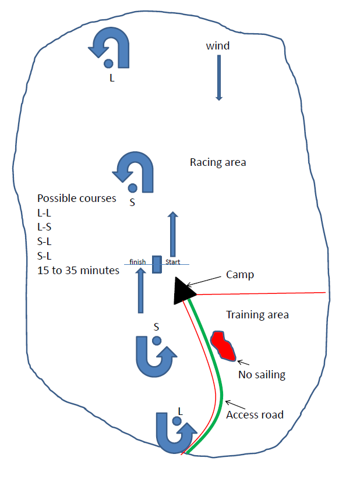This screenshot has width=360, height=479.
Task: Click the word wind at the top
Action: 218,45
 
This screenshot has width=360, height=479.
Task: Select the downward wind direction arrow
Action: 219,78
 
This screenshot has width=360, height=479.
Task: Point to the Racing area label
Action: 218,162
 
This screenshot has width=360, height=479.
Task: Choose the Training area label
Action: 257,315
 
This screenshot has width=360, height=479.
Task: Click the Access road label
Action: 255,414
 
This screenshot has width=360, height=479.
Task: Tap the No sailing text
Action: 262,375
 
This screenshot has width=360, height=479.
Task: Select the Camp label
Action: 240,274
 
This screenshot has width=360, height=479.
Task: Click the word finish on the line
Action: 138,262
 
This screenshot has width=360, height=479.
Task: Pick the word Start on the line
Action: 172,262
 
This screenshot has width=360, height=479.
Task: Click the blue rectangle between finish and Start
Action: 156,264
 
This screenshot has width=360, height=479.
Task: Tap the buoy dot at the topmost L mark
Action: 108,63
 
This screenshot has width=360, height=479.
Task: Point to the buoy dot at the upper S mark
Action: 133,187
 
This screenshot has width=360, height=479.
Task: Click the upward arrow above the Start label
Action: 172,234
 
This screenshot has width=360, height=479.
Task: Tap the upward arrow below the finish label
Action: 140,291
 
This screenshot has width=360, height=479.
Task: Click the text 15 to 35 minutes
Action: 78,270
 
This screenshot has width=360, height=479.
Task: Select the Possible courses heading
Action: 76,198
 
